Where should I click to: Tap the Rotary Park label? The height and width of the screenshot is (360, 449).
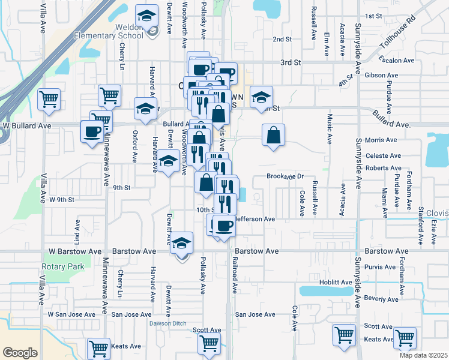point(60,266)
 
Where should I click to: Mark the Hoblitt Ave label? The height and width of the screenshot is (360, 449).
point(336,282)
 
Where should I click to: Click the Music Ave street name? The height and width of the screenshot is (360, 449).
point(330,129)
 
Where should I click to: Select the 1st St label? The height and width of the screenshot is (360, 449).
point(373,16)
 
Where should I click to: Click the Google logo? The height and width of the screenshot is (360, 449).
point(20,353)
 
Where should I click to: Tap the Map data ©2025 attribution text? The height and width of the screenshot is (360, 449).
point(422,355)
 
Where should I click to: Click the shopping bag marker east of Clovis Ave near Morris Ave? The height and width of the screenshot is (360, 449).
point(273,136)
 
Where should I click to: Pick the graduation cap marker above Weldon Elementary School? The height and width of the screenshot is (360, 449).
point(146,17)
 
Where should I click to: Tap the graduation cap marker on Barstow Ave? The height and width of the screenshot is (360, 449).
point(181,244)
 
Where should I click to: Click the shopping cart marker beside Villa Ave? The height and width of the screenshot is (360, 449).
point(49,99)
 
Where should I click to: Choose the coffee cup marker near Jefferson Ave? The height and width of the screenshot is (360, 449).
point(224,226)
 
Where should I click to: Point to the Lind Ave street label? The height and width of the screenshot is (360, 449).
point(77,231)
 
